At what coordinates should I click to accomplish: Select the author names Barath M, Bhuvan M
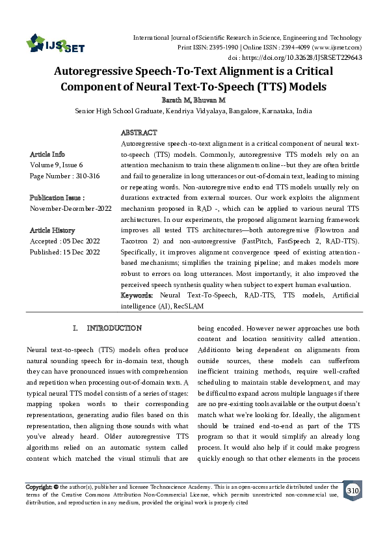[194, 100]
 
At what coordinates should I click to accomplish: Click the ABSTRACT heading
[139, 132]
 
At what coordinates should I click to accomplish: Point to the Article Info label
[47, 154]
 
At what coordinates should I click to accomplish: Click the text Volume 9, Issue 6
[57, 165]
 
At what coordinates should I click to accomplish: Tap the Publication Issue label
[57, 197]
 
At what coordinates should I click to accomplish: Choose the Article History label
[52, 230]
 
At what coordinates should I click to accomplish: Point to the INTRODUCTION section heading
[114, 328]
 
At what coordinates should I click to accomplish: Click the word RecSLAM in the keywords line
[189, 306]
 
